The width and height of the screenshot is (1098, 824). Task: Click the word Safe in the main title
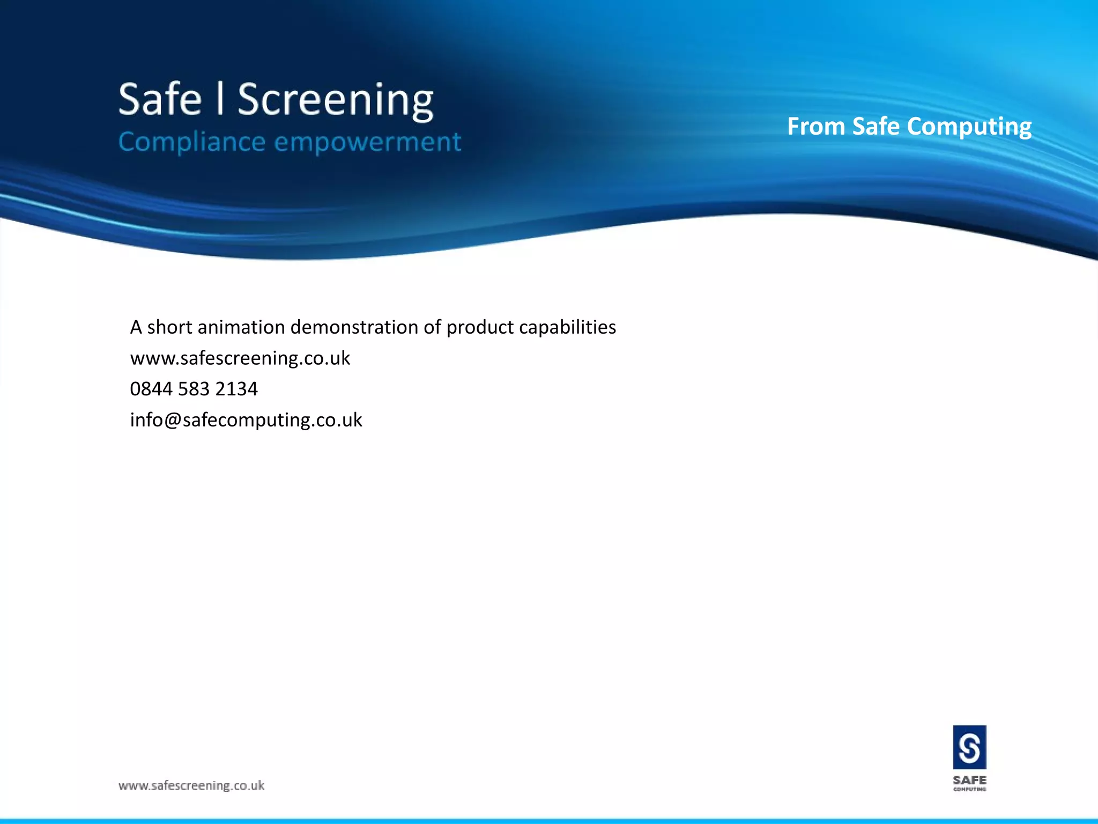160,100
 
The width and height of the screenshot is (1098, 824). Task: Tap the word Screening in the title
336,101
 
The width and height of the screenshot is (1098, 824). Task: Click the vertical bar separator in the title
219,99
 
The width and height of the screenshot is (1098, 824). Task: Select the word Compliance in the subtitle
191,142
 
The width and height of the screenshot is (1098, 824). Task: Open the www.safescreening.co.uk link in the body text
240,358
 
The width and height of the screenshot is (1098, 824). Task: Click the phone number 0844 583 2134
194,389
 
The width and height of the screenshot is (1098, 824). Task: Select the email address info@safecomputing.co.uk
246,420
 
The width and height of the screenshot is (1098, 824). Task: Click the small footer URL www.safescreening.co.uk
191,785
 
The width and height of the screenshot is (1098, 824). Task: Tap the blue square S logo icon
969,747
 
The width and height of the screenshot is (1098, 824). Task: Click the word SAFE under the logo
969,779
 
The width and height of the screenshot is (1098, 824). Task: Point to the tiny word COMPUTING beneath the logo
969,789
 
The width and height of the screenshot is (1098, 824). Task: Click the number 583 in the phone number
194,389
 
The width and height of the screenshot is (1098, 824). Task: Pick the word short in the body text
169,327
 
